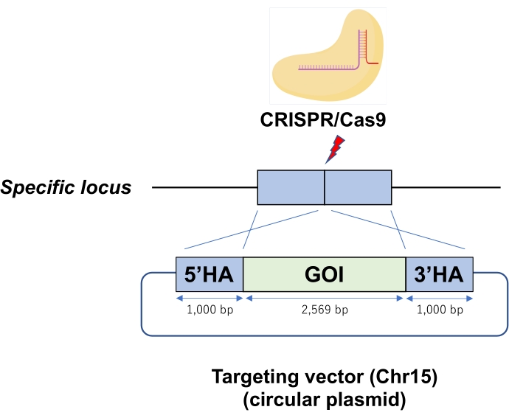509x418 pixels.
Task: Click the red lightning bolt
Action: coord(335,149)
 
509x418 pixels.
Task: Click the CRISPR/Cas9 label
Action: coord(323,119)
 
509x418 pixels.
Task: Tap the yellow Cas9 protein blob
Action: coord(328,55)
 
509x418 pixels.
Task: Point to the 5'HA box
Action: coord(210,274)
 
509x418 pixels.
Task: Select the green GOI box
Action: coord(325,274)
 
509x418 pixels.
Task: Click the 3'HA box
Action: coord(440,274)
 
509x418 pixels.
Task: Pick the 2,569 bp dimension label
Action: coord(325,310)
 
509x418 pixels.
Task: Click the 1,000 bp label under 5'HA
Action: coord(210,310)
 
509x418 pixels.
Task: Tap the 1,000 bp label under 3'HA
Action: coord(440,310)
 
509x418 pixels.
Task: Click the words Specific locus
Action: coord(66,187)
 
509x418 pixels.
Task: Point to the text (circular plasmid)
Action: coord(325,400)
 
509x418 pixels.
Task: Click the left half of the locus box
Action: coord(291,187)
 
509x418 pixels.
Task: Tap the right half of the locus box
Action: coord(358,187)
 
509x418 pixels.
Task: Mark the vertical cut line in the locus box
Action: coord(325,187)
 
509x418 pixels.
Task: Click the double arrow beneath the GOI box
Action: coord(325,299)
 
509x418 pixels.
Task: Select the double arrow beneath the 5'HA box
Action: coord(210,299)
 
